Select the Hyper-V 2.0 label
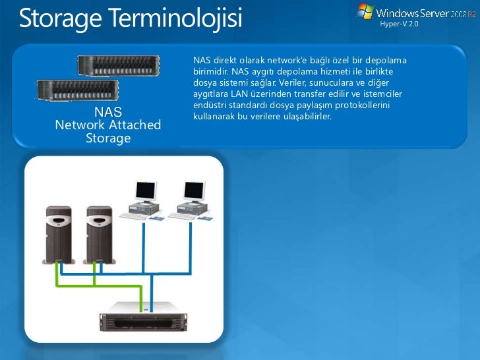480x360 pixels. coord(400,24)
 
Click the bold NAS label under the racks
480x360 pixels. coord(108,111)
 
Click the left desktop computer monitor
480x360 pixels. coord(145,192)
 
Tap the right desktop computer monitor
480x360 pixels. coord(194,192)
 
